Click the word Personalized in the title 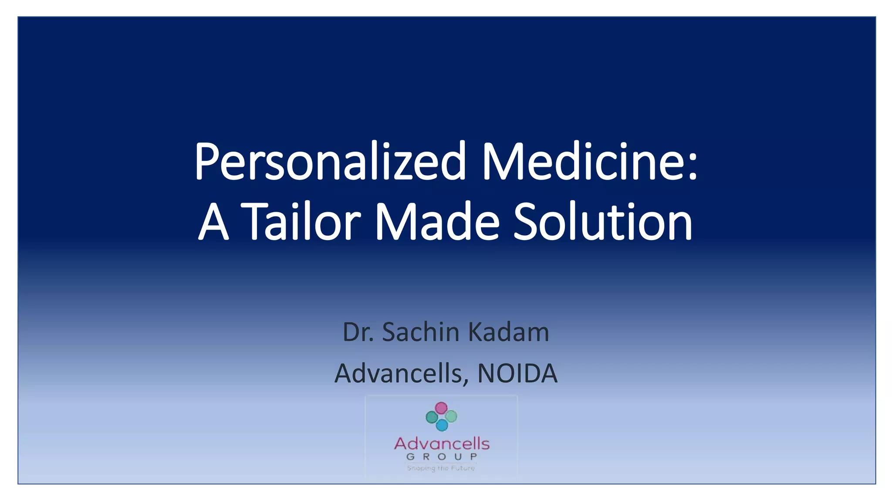[x=330, y=162]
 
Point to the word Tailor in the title [x=301, y=222]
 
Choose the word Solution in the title [x=603, y=222]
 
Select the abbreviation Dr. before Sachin [x=358, y=332]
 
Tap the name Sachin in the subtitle [x=421, y=332]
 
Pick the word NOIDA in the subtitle [x=517, y=373]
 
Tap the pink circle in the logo [x=441, y=408]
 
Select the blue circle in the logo [x=442, y=425]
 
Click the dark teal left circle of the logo [x=432, y=417]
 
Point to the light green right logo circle [x=451, y=416]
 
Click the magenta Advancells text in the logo [x=442, y=444]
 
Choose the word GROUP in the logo [x=442, y=457]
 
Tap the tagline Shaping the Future [x=441, y=468]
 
